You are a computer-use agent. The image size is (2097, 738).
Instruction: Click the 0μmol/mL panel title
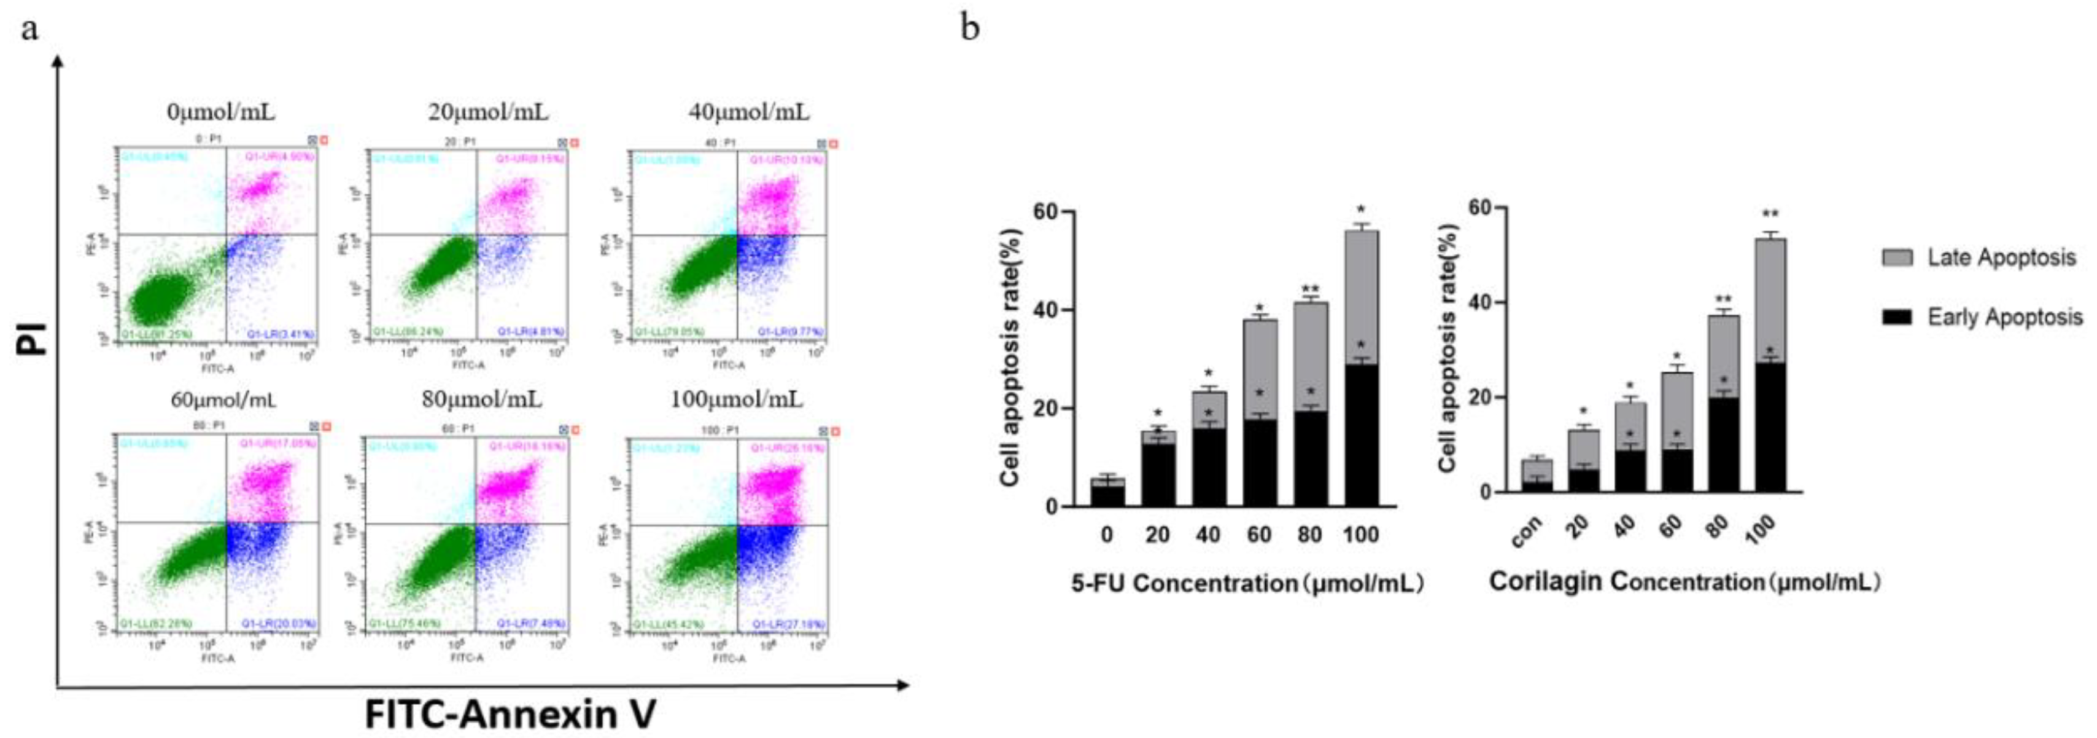coord(220,112)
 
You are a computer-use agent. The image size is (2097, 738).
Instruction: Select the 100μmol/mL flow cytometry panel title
coord(736,400)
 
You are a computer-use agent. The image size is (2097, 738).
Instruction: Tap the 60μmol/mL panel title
coord(223,400)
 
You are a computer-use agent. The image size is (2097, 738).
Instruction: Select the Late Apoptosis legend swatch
coord(1897,258)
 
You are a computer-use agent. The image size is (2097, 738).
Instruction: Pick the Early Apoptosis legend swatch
coord(1897,317)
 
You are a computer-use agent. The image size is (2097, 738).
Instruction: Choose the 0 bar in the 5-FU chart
coord(1107,493)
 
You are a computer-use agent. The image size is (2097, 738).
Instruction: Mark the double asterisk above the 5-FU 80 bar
coord(1310,290)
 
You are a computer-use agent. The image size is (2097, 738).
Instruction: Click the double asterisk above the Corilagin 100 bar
coord(1769,215)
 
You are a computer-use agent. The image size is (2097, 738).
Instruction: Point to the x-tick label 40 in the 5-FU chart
coord(1208,535)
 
